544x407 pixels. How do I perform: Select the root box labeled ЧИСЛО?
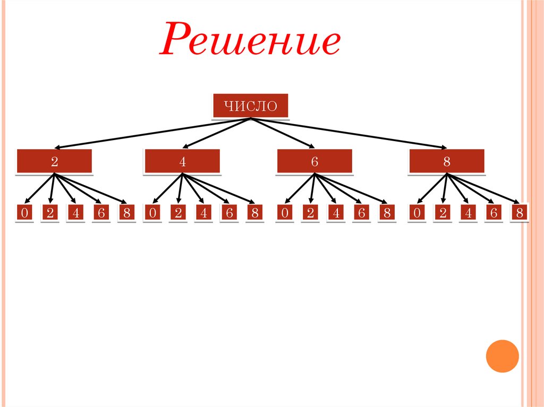pos(250,106)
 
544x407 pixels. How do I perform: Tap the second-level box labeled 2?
pos(55,161)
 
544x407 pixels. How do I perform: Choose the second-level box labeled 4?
pos(182,161)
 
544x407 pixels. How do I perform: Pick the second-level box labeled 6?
pos(314,161)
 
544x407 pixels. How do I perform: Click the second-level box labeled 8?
pos(446,161)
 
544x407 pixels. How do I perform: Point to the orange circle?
pos(502,356)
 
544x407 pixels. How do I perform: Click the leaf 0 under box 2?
pos(24,213)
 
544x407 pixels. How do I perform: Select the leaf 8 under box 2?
pos(126,213)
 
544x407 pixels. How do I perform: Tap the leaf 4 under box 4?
pos(203,213)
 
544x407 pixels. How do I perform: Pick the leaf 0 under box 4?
pos(152,213)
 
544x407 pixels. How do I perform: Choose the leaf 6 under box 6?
pos(361,213)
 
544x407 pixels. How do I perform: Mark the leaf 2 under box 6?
pos(310,213)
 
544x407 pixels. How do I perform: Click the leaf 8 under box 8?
pos(519,213)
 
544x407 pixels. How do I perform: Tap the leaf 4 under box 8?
pos(468,213)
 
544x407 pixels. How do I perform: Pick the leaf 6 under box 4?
pos(229,213)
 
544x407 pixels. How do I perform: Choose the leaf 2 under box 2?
pos(50,213)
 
